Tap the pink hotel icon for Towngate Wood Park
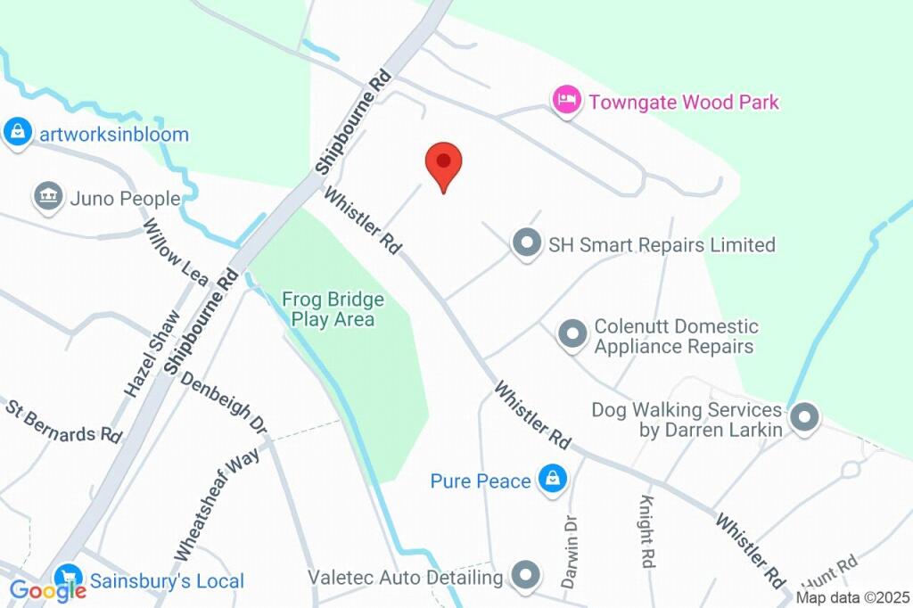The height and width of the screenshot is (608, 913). click(566, 101)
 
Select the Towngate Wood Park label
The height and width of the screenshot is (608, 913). click(683, 102)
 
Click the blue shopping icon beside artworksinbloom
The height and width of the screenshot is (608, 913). click(17, 133)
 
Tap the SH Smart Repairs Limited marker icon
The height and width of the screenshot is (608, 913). click(527, 243)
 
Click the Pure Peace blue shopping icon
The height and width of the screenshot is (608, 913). click(553, 481)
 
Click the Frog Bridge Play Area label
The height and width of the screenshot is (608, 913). click(333, 309)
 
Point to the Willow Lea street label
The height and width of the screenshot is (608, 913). click(176, 253)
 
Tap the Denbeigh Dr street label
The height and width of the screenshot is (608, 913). click(223, 403)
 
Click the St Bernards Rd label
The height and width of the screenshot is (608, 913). click(63, 422)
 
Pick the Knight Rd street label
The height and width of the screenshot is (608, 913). click(646, 531)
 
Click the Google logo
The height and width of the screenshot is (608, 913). click(46, 589)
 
